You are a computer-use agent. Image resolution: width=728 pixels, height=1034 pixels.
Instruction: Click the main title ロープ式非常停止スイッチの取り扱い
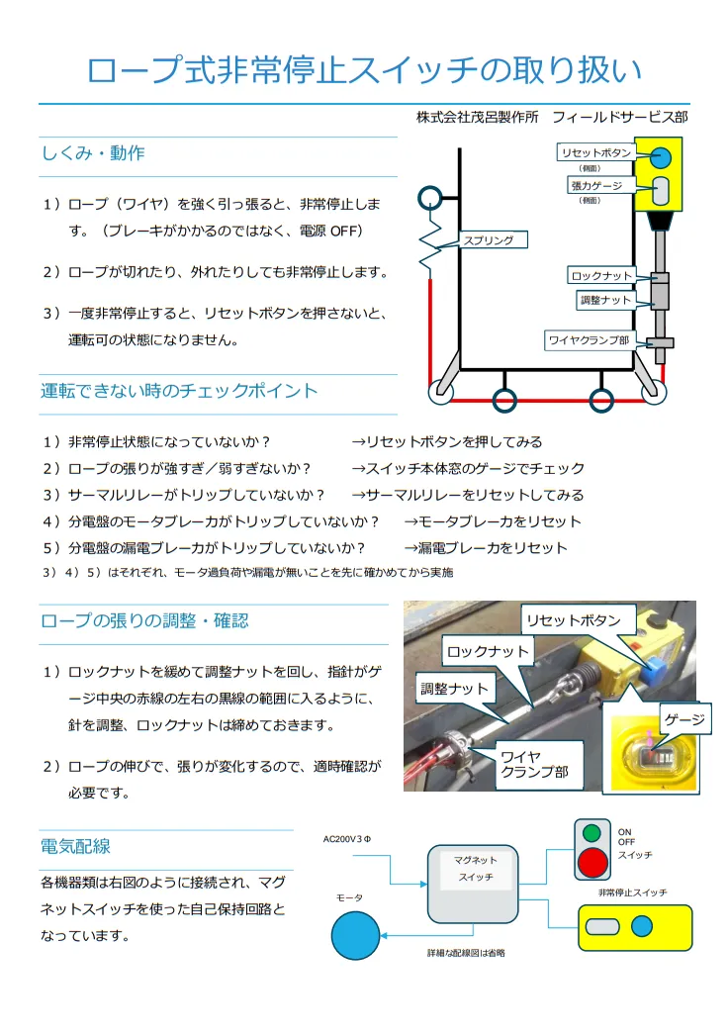[364, 70]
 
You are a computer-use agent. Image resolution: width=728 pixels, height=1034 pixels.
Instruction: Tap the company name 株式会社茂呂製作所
[478, 117]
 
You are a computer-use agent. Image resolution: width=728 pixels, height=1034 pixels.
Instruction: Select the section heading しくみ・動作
[93, 153]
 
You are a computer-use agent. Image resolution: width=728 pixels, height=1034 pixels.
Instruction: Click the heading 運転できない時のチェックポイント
[179, 391]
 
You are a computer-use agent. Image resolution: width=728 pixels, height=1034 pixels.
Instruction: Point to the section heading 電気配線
[75, 846]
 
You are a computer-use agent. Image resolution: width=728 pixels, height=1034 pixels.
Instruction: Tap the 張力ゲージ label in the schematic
[595, 185]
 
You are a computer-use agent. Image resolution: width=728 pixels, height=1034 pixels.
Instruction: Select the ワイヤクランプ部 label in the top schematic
[589, 340]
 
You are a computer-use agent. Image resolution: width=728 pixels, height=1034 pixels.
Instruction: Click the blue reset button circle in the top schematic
[662, 157]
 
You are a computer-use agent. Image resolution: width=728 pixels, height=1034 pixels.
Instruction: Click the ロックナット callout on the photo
[488, 652]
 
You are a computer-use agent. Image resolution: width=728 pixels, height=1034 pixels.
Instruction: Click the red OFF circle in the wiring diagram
[592, 861]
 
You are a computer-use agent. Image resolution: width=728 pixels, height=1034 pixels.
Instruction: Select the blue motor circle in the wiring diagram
[356, 935]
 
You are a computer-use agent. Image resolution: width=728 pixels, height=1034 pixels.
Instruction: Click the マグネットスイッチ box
[472, 884]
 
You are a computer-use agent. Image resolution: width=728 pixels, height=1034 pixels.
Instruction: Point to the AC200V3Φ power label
[346, 840]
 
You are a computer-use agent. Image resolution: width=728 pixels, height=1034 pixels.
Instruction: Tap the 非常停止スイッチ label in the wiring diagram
[632, 893]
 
